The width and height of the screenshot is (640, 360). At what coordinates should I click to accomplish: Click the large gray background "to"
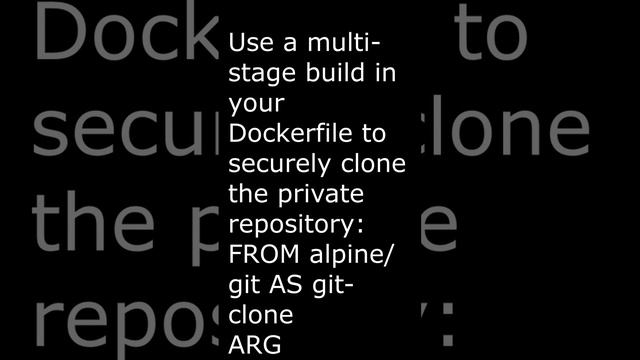[481, 36]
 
